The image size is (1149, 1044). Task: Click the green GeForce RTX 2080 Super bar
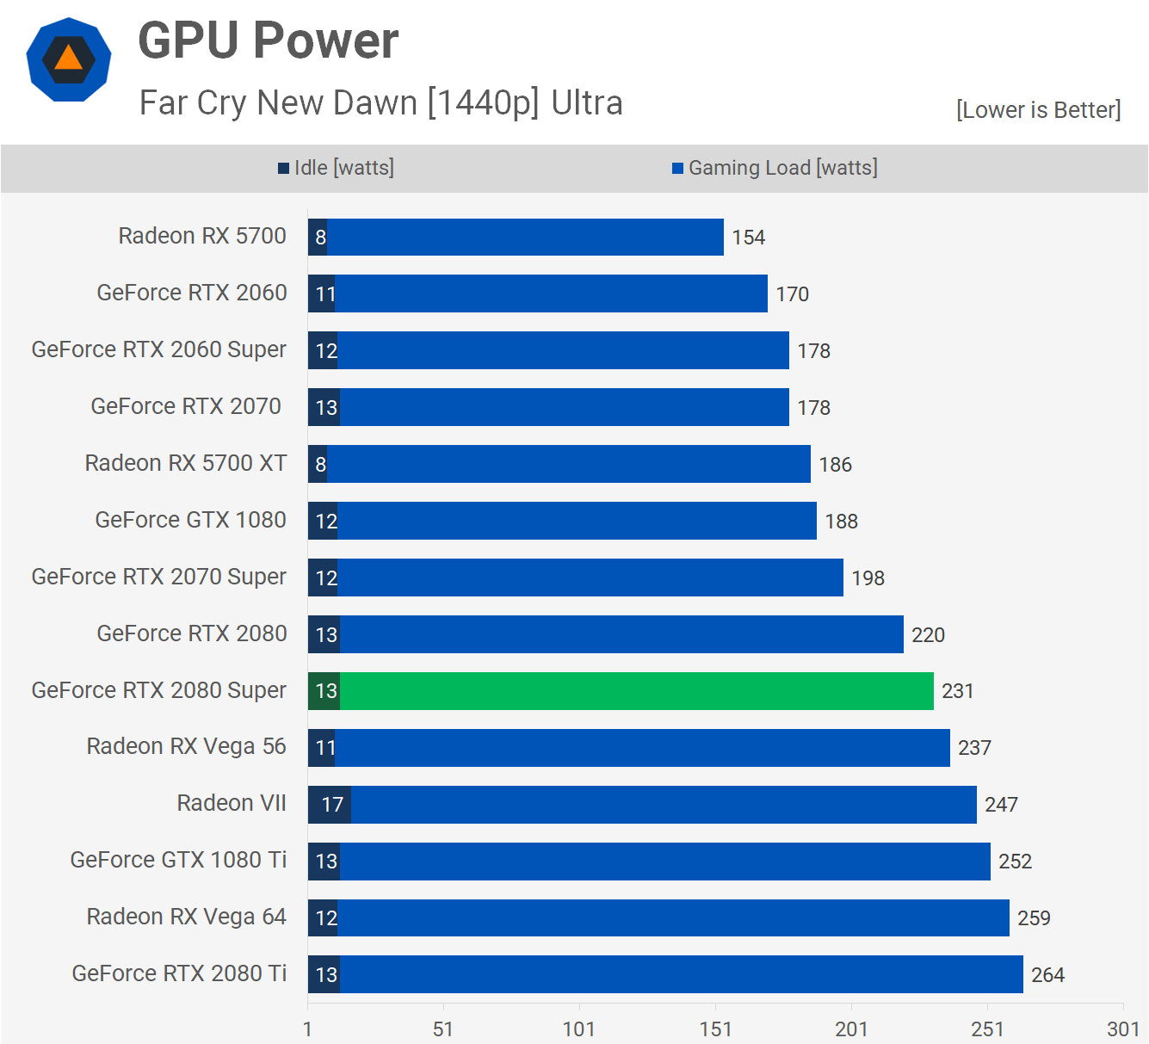point(637,691)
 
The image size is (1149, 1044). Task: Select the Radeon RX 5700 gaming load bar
point(525,237)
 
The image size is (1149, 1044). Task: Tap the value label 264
point(1047,975)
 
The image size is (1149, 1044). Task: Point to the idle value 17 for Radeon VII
point(332,805)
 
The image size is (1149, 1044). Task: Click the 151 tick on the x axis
point(715,1029)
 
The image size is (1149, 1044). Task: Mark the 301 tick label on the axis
point(1123,1029)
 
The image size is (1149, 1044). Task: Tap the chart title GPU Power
point(269,40)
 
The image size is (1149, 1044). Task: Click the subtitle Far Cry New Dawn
point(380,102)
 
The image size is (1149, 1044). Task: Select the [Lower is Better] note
point(1038,110)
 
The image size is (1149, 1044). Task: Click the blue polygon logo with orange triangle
point(69,59)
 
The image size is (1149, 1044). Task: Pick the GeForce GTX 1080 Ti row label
point(178,860)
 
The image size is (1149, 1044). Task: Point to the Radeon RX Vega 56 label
point(186,746)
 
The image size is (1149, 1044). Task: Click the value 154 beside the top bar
point(748,238)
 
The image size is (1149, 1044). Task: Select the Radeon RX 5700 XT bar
point(568,464)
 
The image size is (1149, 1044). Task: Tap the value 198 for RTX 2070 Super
point(868,578)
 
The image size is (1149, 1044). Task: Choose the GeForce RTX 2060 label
point(191,293)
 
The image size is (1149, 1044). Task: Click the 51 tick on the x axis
point(443,1029)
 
